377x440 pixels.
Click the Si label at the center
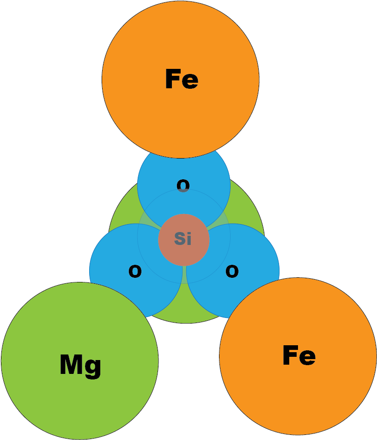183,238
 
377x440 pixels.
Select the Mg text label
80,365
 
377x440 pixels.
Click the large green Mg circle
79,397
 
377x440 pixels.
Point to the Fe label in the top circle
182,79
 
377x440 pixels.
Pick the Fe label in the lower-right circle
299,356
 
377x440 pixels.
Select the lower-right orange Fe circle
298,393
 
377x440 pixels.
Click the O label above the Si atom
183,186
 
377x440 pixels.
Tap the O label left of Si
135,272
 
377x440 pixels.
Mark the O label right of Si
232,272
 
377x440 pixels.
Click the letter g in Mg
94,367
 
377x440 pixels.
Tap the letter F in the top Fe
172,79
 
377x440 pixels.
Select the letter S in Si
179,238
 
